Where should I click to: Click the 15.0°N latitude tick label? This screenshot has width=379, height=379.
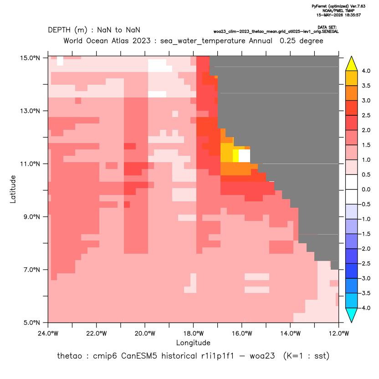pyautogui.click(x=30, y=58)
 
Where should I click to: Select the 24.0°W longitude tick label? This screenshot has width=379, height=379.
pyautogui.click(x=48, y=333)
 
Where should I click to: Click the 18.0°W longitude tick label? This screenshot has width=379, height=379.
pyautogui.click(x=193, y=333)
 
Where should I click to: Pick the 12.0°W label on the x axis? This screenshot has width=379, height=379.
pyautogui.click(x=338, y=333)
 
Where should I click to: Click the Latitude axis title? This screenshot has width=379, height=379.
pyautogui.click(x=13, y=189)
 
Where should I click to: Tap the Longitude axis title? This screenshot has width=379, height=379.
pyautogui.click(x=193, y=343)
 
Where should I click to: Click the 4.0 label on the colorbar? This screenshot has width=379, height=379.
pyautogui.click(x=366, y=71)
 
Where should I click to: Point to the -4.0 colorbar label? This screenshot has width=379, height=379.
pyautogui.click(x=365, y=308)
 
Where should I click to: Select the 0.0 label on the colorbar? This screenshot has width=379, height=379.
pyautogui.click(x=366, y=189)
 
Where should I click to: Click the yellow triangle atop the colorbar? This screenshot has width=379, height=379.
pyautogui.click(x=352, y=64)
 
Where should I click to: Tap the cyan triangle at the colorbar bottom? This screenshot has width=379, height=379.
pyautogui.click(x=352, y=315)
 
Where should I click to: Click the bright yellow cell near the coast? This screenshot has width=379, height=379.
pyautogui.click(x=236, y=156)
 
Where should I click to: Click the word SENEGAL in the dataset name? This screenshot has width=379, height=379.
pyautogui.click(x=330, y=31)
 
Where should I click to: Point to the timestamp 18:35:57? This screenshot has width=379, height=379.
pyautogui.click(x=352, y=15)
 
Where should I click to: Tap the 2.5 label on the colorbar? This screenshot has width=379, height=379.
pyautogui.click(x=366, y=115)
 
